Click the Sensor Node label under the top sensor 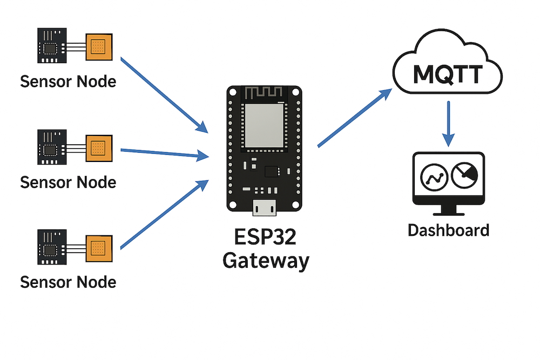coord(68,81)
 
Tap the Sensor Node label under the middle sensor coord(68,182)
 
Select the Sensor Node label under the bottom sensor coord(68,282)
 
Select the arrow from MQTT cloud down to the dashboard coord(448,123)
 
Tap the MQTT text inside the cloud coord(448,74)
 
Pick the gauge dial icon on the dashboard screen coord(464,175)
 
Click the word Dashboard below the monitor coord(448,230)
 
